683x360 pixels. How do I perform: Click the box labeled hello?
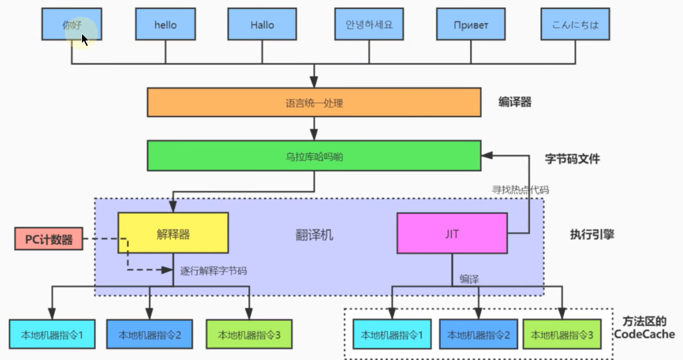click(x=166, y=24)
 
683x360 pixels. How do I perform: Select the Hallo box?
click(x=262, y=24)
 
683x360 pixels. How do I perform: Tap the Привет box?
click(x=471, y=24)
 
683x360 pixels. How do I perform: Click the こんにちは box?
click(x=575, y=24)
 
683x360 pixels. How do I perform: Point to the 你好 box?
click(x=72, y=24)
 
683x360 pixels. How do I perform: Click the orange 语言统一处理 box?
click(x=314, y=103)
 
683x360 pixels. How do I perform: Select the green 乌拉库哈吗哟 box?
click(x=314, y=156)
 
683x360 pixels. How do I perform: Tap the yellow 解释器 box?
click(x=173, y=234)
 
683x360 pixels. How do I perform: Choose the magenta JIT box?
click(x=452, y=234)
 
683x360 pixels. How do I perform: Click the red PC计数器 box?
click(x=49, y=240)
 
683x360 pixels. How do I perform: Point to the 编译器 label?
click(x=515, y=102)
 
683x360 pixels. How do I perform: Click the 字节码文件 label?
click(x=572, y=159)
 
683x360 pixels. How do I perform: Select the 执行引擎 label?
click(x=592, y=234)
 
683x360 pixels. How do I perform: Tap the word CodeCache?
click(x=644, y=334)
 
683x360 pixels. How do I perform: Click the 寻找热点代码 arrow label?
click(x=520, y=190)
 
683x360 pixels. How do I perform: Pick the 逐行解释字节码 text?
click(x=213, y=270)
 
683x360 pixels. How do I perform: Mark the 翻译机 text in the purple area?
click(x=314, y=235)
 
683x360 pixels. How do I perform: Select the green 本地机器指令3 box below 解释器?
click(x=249, y=335)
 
